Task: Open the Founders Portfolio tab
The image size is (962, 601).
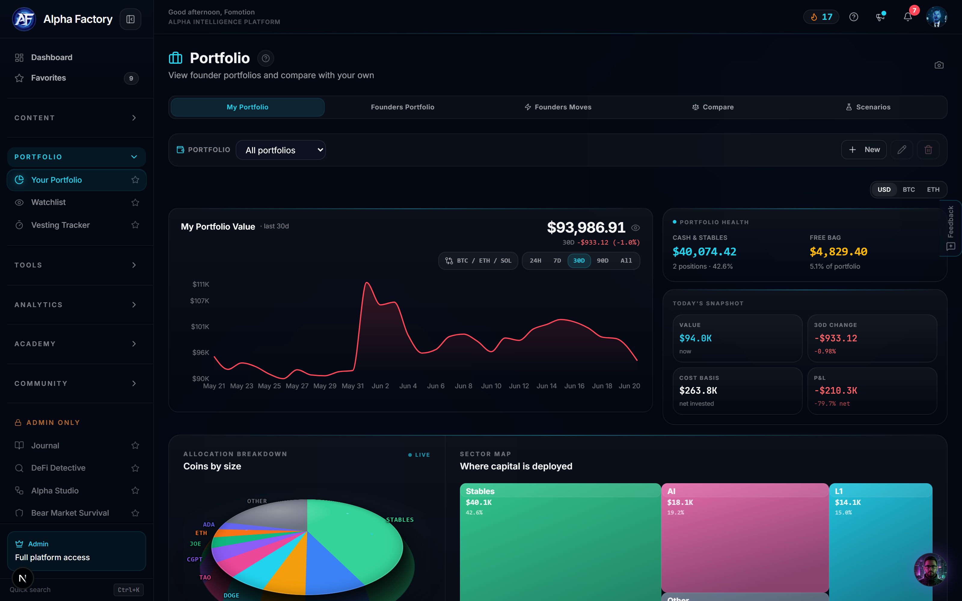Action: tap(402, 107)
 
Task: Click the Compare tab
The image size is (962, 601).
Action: tap(713, 107)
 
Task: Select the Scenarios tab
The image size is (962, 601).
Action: tap(868, 107)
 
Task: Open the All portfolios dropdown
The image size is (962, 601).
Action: tap(281, 150)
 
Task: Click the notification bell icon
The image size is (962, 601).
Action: tap(908, 17)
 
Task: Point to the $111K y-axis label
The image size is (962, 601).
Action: tap(201, 284)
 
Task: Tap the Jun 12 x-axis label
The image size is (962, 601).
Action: tap(519, 386)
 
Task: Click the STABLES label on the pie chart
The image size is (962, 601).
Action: tap(400, 520)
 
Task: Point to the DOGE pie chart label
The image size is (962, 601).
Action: tap(231, 595)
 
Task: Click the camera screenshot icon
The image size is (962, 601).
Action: tap(939, 65)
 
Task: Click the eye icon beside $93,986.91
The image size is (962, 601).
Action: tap(636, 228)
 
